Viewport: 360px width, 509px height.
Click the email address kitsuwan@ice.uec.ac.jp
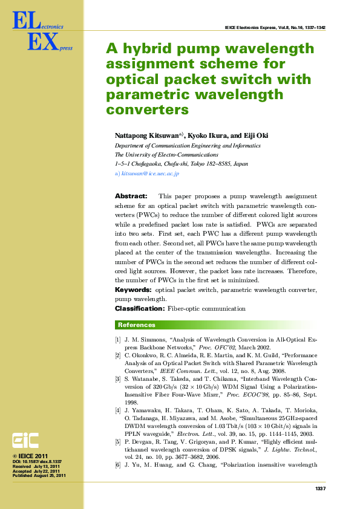point(150,173)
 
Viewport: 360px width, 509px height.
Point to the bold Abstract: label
point(131,196)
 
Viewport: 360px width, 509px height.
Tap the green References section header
point(137,325)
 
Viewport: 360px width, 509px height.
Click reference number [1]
point(118,340)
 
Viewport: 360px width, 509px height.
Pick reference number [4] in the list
point(118,410)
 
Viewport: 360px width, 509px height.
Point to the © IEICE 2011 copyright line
point(30,456)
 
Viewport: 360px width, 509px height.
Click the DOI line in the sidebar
point(37,462)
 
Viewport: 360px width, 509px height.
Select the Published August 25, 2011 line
point(39,476)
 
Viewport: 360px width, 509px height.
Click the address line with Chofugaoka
point(182,164)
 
